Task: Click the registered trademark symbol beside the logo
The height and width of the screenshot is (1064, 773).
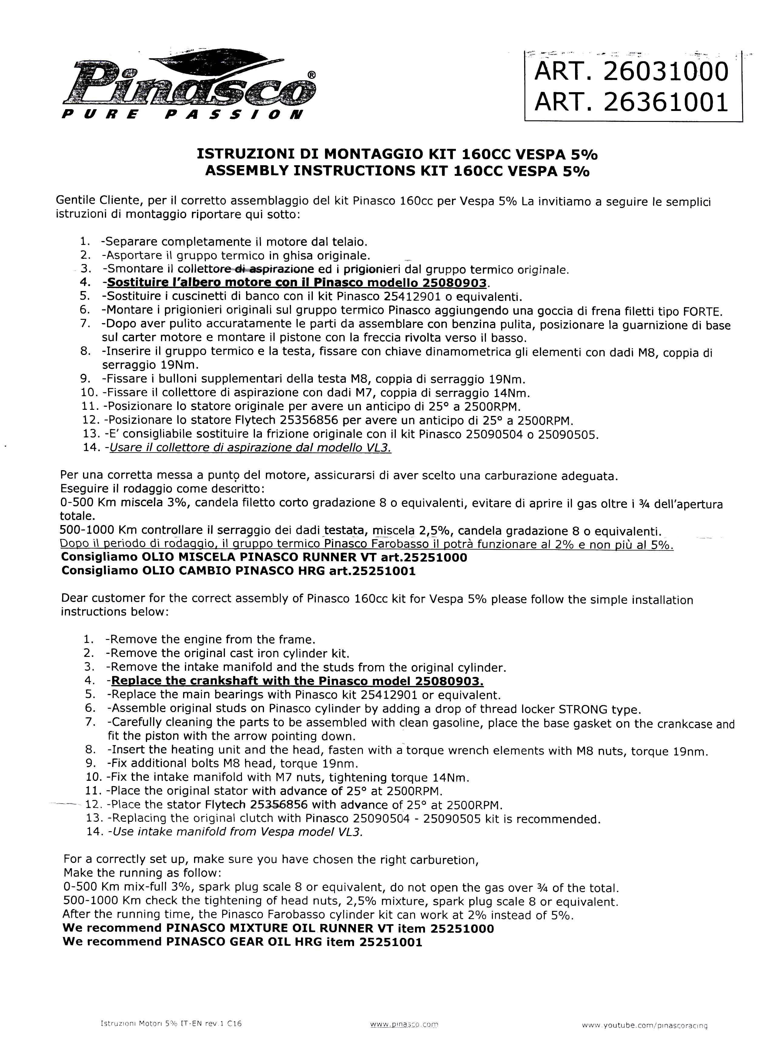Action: pyautogui.click(x=311, y=74)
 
